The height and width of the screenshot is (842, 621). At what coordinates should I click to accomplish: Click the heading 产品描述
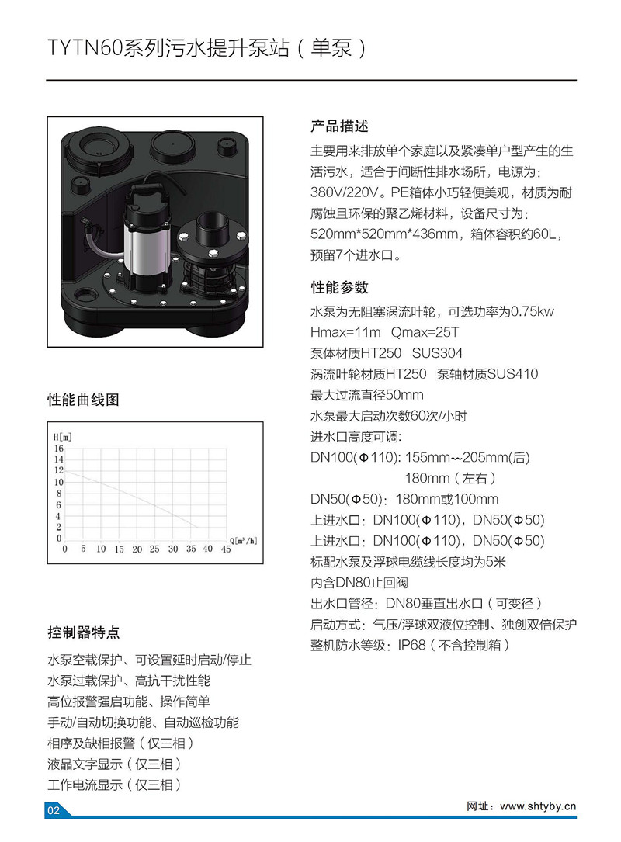coord(339,126)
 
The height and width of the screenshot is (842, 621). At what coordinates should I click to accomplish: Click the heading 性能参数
coord(339,287)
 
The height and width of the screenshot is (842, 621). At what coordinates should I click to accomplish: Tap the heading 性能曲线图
coord(83,401)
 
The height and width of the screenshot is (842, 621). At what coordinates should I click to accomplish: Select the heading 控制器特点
coord(83,632)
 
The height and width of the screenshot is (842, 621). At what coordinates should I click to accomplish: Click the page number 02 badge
coord(54,810)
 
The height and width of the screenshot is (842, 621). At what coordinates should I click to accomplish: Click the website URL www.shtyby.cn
coord(538,806)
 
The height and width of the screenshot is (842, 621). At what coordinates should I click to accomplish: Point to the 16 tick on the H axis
coord(57,448)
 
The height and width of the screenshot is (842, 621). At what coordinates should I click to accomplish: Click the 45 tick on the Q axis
coord(226,549)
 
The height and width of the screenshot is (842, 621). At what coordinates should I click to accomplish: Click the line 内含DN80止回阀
coord(359,583)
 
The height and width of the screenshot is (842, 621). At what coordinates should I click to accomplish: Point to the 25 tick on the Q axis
coord(154,549)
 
